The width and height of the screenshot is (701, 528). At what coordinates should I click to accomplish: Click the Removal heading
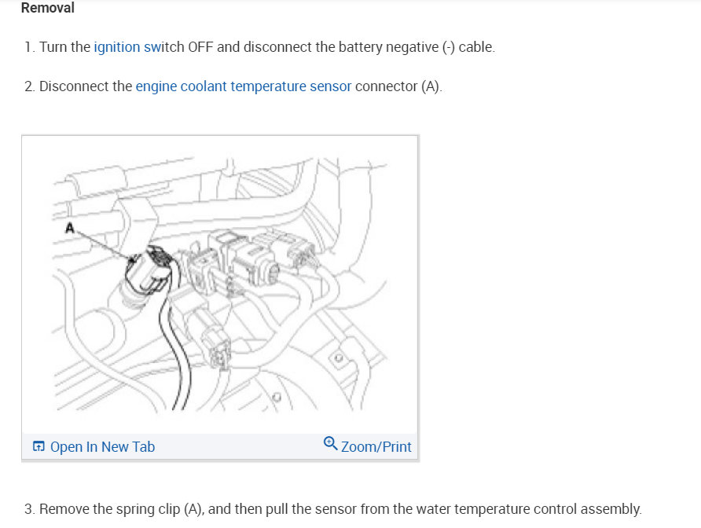click(x=48, y=9)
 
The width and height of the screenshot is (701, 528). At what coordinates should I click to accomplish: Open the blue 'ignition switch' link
click(x=127, y=47)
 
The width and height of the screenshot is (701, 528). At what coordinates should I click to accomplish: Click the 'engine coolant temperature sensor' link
click(x=243, y=86)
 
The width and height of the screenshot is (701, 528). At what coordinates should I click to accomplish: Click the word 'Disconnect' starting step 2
click(x=75, y=86)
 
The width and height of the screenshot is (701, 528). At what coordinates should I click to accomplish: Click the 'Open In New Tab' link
click(x=102, y=447)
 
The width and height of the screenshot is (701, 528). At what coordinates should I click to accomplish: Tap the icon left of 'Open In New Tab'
click(x=39, y=447)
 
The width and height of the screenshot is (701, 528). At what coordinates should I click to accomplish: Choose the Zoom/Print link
click(x=376, y=447)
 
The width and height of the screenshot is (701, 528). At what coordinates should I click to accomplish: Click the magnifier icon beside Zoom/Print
click(x=331, y=444)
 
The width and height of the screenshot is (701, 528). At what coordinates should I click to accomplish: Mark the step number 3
click(x=29, y=509)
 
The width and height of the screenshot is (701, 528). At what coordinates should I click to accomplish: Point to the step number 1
click(x=29, y=47)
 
